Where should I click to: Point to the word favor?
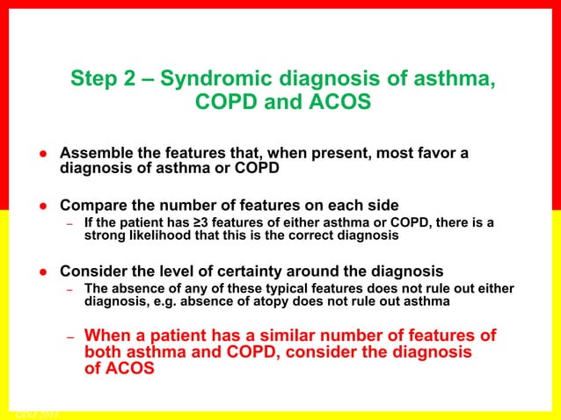[433, 154]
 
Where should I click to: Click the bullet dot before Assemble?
[41, 155]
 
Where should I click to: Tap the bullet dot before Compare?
[41, 206]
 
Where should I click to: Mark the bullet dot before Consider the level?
[41, 271]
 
